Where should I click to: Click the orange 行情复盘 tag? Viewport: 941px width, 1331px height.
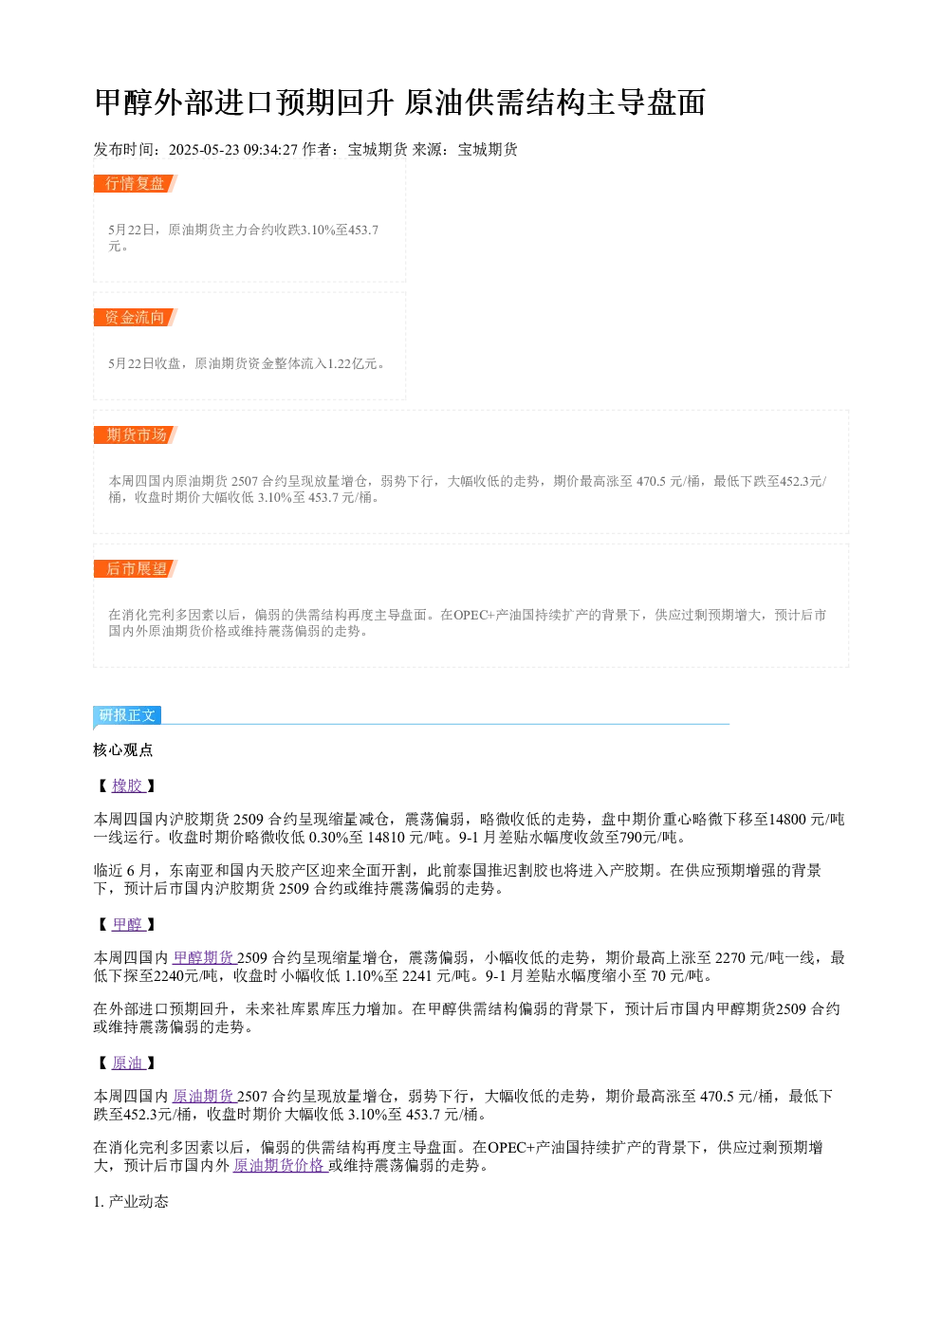(136, 184)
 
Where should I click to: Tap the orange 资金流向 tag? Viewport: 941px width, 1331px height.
(136, 317)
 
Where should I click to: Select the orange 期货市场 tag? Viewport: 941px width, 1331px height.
(136, 434)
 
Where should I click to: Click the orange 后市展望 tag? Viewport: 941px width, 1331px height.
(136, 568)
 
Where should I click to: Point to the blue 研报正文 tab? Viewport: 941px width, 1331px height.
(127, 714)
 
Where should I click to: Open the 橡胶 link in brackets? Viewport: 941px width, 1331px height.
(128, 786)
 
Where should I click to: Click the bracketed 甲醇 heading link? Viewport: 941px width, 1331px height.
(128, 924)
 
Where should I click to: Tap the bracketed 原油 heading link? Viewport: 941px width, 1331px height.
(128, 1063)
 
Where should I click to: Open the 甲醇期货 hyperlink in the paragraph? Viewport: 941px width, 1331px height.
(204, 957)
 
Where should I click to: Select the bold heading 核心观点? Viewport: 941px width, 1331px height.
(123, 749)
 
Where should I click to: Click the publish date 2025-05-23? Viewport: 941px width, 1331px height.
(204, 149)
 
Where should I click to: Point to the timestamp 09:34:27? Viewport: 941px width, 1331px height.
(270, 149)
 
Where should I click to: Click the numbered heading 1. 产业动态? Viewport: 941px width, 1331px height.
(131, 1201)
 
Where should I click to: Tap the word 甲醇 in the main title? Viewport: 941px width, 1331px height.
(124, 102)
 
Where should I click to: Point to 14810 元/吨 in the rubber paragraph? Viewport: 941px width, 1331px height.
(405, 838)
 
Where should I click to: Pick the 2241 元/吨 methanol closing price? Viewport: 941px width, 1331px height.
(436, 975)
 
